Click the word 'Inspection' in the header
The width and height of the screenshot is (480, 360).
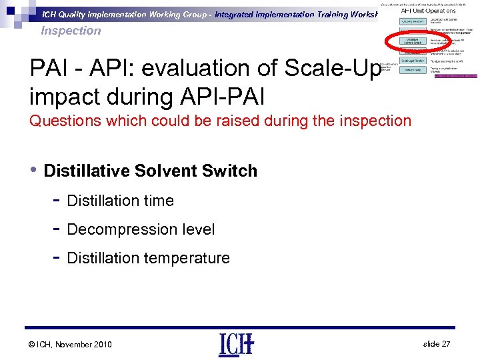pyautogui.click(x=71, y=31)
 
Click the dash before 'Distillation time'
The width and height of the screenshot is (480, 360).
pyautogui.click(x=57, y=200)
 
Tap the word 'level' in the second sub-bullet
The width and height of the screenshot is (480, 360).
pyautogui.click(x=197, y=229)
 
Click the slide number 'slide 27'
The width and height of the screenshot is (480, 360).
pyautogui.click(x=437, y=343)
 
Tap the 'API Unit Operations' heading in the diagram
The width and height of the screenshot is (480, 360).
pyautogui.click(x=428, y=11)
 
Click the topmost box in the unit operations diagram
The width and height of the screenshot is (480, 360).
pyautogui.click(x=412, y=21)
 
